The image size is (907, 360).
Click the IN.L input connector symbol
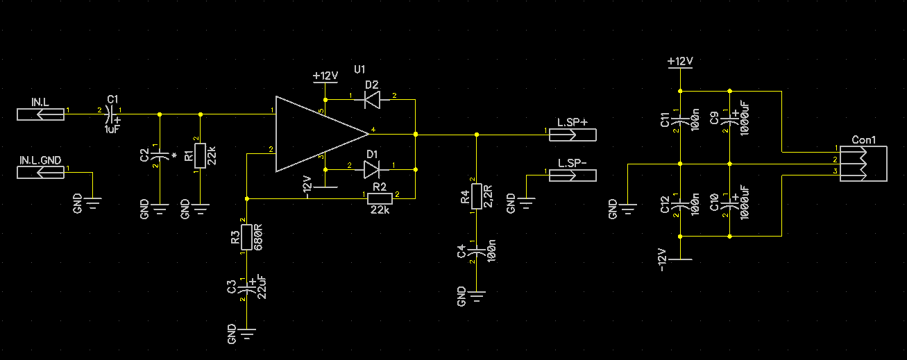tap(40, 114)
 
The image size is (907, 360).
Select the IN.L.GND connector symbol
tap(40, 173)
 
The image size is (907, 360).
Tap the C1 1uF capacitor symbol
tap(110, 114)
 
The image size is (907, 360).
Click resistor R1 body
tap(200, 155)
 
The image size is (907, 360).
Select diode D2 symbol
tap(372, 100)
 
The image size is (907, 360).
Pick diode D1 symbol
tap(372, 170)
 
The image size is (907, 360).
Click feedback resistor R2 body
tap(380, 198)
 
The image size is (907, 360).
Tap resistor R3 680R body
tap(246, 237)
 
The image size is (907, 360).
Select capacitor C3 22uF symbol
tap(246, 289)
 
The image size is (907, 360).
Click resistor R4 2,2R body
tap(477, 196)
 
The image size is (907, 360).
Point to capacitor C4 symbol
tap(477, 251)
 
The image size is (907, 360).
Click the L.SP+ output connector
tap(573, 135)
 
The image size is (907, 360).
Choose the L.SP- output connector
tap(573, 175)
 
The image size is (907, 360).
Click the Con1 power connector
tap(863, 164)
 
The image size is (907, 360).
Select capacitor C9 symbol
tap(729, 120)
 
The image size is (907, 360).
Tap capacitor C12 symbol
tap(680, 205)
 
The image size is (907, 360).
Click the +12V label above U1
tap(325, 76)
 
